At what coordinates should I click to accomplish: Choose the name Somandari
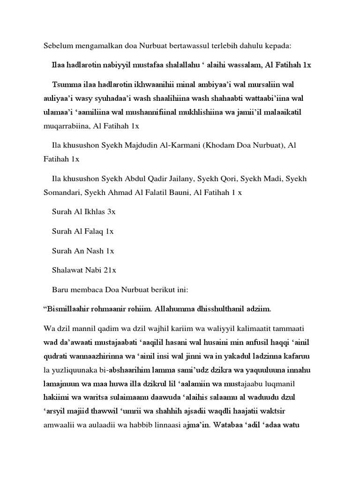point(63,193)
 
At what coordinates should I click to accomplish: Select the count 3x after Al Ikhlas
point(111,212)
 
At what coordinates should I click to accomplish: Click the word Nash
point(96,250)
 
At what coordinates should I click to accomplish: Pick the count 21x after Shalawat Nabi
point(110,270)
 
